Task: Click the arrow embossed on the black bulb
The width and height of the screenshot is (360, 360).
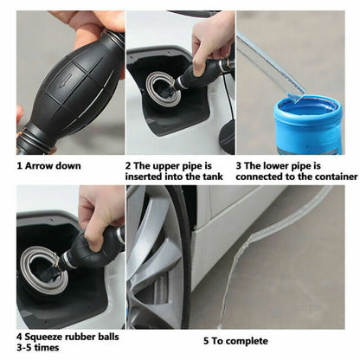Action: (66, 80)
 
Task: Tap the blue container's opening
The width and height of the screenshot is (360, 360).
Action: (307, 106)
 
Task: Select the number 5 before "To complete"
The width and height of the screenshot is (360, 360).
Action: (206, 341)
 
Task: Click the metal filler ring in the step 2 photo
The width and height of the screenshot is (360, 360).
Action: (148, 88)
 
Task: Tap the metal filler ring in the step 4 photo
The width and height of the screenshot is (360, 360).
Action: (26, 267)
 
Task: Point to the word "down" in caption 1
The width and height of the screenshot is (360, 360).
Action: (68, 166)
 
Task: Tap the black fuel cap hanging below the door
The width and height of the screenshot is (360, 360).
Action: (227, 137)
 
